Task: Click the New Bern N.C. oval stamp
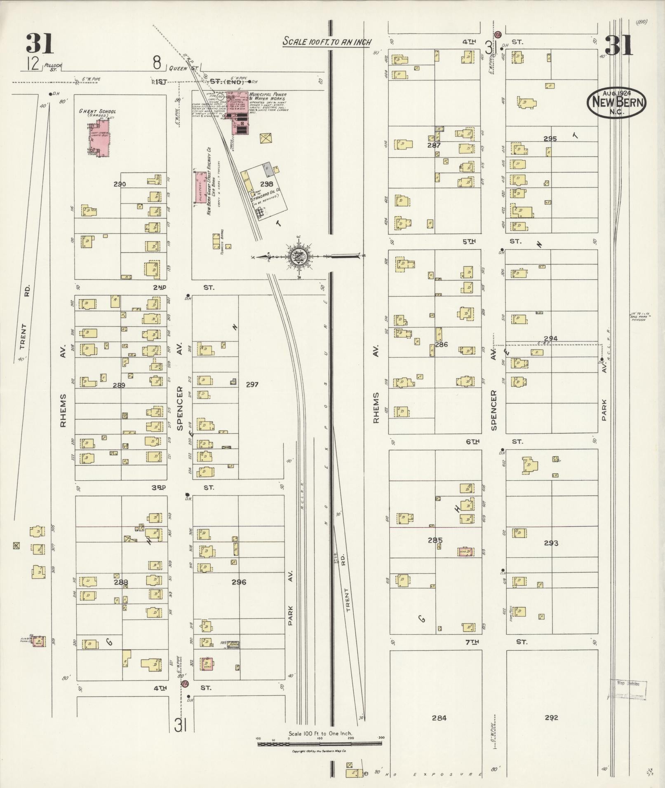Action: (617, 103)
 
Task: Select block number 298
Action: (266, 184)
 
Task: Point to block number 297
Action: (252, 384)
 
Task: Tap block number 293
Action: (551, 543)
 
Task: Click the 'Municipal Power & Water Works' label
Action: (270, 97)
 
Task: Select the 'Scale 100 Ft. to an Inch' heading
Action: (327, 42)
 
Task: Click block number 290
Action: (120, 184)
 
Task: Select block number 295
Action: (550, 139)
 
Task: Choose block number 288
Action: (121, 582)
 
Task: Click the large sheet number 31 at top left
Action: (40, 44)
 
